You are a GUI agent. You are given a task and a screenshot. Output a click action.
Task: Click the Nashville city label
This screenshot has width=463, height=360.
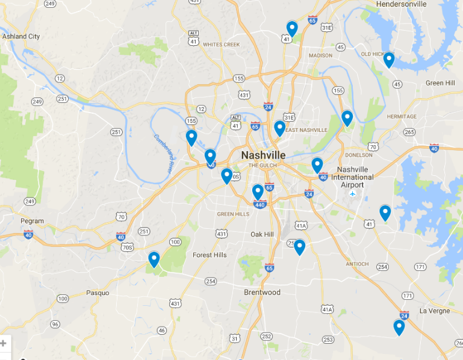[263, 155]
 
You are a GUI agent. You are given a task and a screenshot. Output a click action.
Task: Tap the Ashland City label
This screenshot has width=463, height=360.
[21, 37]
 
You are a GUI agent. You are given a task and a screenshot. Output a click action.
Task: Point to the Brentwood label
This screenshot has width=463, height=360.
[262, 293]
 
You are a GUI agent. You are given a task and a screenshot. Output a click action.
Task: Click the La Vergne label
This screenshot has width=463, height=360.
[435, 311]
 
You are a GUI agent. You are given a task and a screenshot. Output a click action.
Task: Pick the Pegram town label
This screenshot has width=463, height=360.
[32, 221]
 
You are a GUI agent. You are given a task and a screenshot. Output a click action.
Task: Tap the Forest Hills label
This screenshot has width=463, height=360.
[210, 255]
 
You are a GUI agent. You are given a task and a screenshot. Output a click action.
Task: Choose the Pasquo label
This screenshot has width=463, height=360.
[98, 293]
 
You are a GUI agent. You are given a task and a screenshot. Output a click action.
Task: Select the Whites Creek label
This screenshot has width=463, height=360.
[221, 45]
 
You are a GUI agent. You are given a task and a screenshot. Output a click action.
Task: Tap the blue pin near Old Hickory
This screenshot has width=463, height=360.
[389, 60]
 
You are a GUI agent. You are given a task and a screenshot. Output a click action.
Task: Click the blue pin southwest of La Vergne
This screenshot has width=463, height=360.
[399, 327]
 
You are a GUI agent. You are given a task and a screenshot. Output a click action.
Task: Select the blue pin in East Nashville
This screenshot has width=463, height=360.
[279, 128]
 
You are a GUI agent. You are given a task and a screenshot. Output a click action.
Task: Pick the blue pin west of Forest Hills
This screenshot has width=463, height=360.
[154, 259]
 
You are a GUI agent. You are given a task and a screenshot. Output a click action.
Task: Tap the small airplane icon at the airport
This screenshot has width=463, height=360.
[352, 194]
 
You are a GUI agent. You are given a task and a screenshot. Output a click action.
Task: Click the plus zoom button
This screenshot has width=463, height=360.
[3, 344]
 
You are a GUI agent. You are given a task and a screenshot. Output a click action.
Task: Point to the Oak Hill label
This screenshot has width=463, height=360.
[262, 234]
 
